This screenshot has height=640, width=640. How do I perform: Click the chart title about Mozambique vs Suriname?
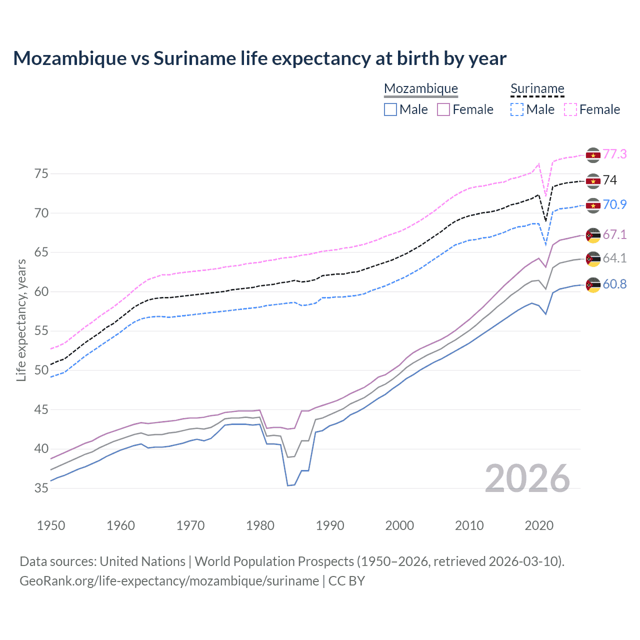[x=259, y=58]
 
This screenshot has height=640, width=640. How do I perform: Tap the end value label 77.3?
[x=614, y=154]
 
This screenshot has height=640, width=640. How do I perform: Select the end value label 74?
[x=610, y=180]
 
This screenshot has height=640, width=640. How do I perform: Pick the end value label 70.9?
[x=614, y=204]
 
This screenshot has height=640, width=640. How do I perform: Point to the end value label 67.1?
[x=614, y=234]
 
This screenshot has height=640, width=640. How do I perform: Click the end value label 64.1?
[x=614, y=258]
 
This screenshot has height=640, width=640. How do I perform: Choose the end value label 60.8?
[x=614, y=284]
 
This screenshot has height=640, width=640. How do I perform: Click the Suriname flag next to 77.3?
[x=593, y=155]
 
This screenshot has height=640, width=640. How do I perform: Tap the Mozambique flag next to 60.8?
[x=593, y=285]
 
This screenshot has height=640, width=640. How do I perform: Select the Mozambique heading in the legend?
[x=421, y=88]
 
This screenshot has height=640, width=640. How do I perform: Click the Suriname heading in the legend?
[x=537, y=88]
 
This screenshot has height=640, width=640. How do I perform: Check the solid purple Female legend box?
[x=443, y=109]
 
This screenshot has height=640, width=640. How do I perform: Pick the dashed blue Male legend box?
[x=517, y=109]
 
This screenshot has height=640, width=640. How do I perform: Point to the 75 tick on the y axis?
[x=41, y=174]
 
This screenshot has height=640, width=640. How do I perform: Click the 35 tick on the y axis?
[x=41, y=488]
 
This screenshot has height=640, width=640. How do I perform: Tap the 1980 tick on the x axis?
[x=260, y=525]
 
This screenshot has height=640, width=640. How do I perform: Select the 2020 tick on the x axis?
[x=539, y=525]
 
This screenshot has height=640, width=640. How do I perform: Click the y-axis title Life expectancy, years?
[x=21, y=320]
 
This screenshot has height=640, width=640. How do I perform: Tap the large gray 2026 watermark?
[x=527, y=478]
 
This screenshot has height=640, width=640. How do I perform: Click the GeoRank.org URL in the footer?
[x=169, y=581]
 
